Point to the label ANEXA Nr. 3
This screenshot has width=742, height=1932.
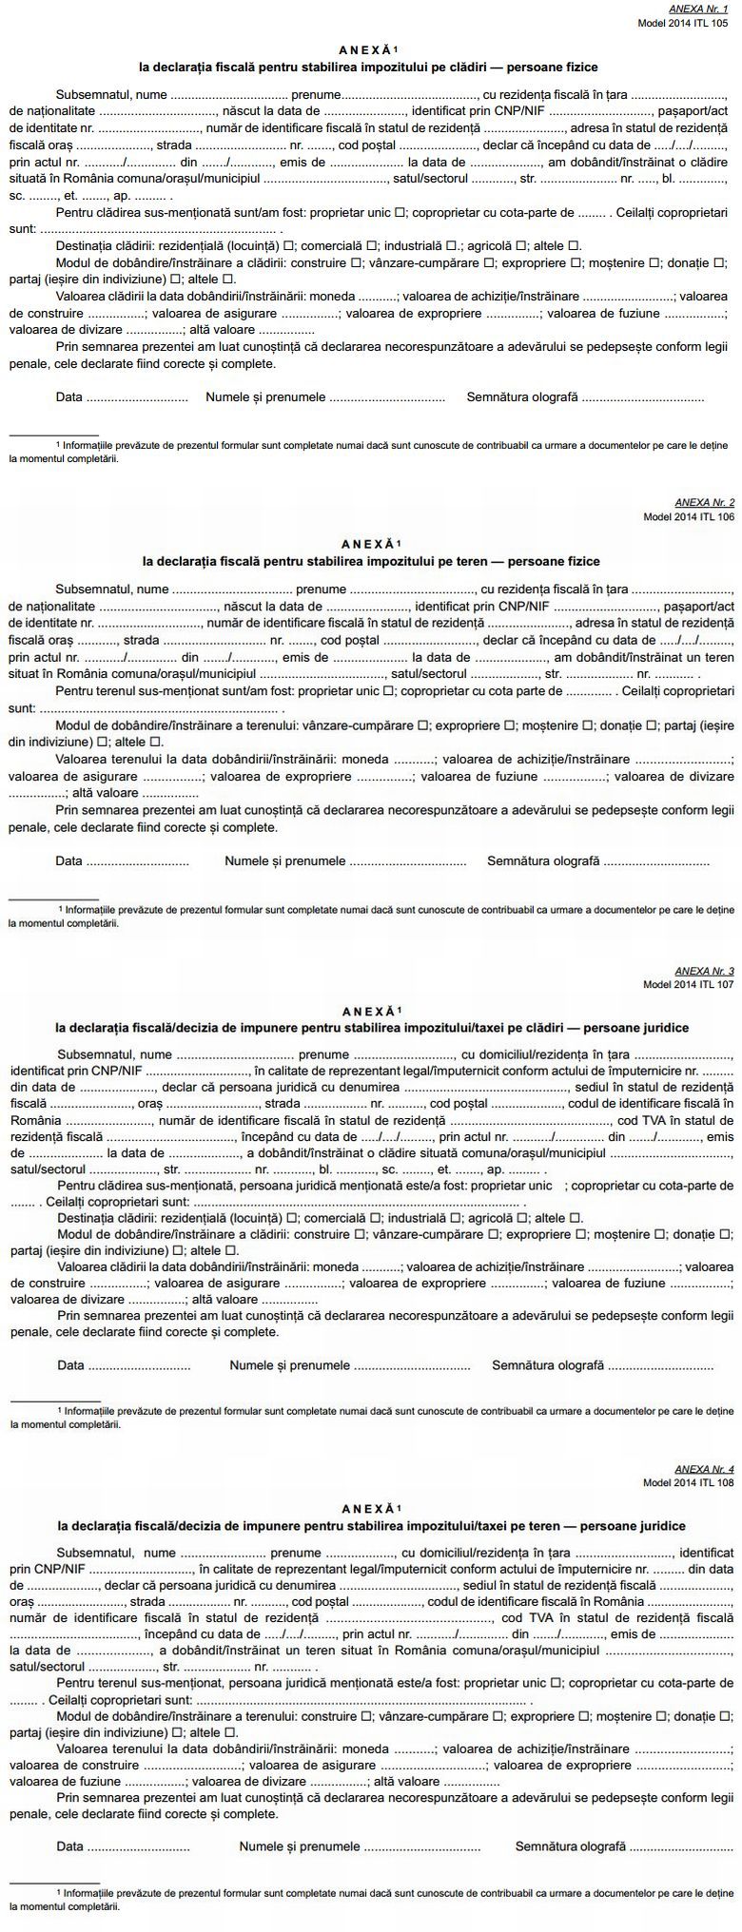704,971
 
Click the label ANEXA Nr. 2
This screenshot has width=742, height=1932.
704,501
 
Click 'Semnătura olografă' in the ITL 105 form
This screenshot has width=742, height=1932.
522,397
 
